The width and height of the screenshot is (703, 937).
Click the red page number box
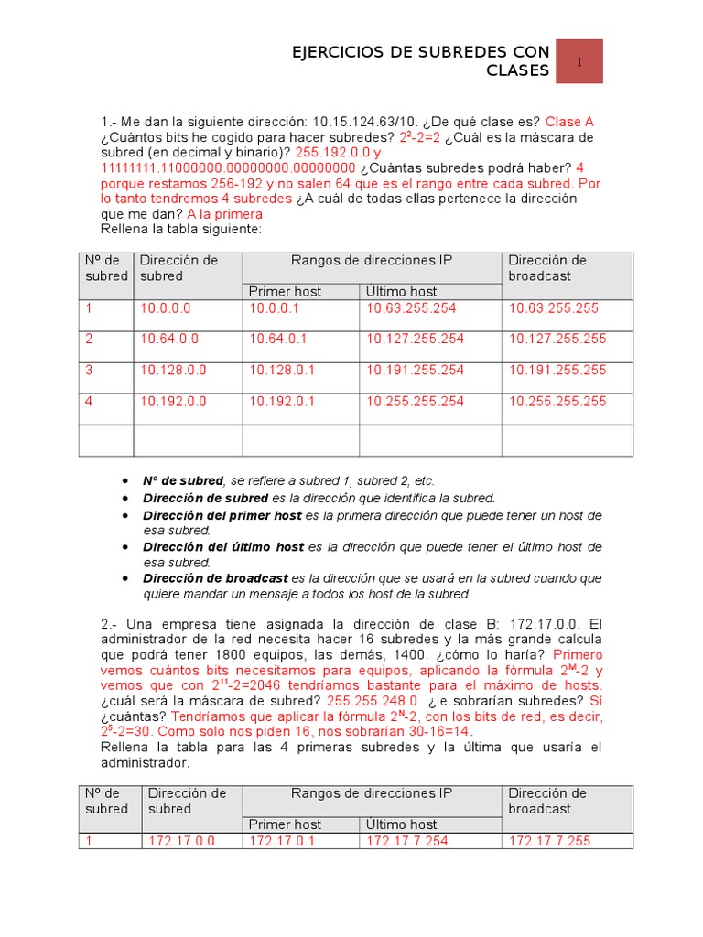point(579,62)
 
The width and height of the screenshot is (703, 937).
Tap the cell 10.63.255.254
point(415,308)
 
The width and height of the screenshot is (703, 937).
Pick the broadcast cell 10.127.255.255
point(557,339)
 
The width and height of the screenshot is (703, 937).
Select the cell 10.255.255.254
point(415,401)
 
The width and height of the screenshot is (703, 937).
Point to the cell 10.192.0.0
point(174,401)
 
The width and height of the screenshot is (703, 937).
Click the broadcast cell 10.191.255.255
point(557,370)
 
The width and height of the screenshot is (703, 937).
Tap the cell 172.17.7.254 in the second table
point(407,840)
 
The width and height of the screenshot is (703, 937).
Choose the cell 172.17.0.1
point(282,840)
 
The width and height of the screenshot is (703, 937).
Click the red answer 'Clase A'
point(569,122)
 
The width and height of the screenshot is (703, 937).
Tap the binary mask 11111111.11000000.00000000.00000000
point(228,168)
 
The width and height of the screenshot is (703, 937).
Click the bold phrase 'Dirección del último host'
point(223,546)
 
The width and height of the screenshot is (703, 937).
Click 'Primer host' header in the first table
point(286,291)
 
